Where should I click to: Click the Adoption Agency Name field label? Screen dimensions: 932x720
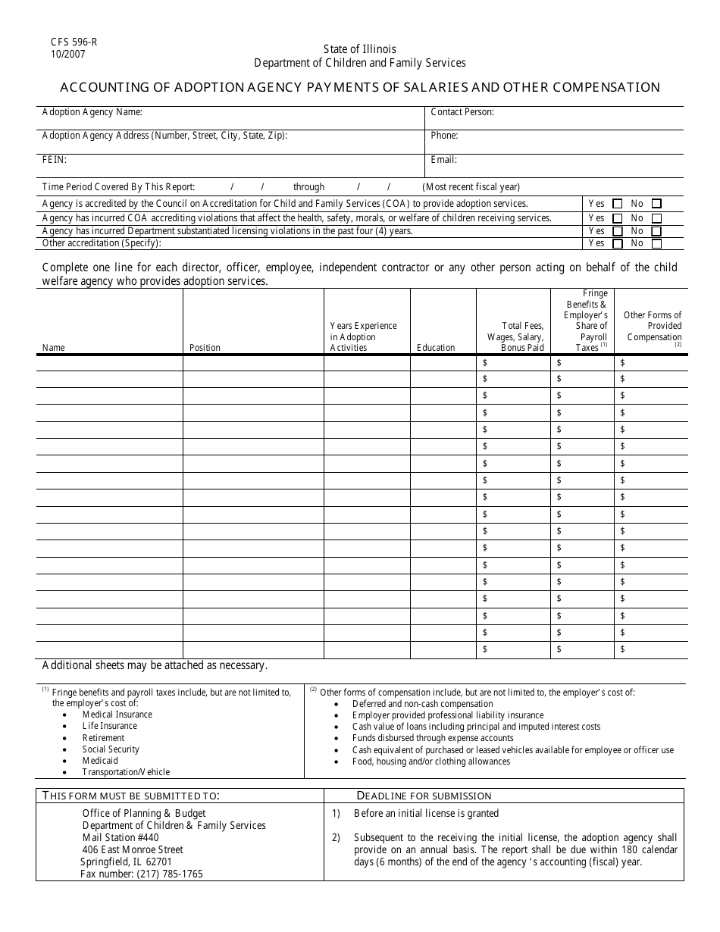(x=92, y=112)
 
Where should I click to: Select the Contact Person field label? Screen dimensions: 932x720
(x=462, y=112)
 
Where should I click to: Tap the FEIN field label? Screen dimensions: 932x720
(x=54, y=160)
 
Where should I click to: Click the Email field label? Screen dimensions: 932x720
(x=443, y=160)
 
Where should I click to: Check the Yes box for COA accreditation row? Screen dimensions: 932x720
(x=617, y=204)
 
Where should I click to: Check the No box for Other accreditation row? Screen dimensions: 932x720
(x=656, y=244)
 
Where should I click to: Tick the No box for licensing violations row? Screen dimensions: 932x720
(x=656, y=231)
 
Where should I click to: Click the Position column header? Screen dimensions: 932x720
(x=205, y=348)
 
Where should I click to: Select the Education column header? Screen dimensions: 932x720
(x=436, y=348)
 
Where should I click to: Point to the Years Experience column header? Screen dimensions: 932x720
(x=363, y=336)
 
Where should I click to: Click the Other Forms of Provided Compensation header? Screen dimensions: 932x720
(x=653, y=326)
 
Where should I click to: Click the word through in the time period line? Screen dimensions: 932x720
(x=308, y=187)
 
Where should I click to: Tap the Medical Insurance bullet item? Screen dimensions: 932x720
(x=117, y=715)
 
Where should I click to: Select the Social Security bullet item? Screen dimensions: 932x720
(x=111, y=749)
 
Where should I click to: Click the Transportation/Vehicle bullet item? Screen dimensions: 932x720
(x=126, y=772)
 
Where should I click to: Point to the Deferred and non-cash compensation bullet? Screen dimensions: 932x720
(x=422, y=704)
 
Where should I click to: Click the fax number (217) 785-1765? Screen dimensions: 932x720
(x=141, y=874)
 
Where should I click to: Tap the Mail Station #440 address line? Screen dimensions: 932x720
(x=121, y=838)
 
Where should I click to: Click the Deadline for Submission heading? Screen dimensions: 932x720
(x=424, y=796)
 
